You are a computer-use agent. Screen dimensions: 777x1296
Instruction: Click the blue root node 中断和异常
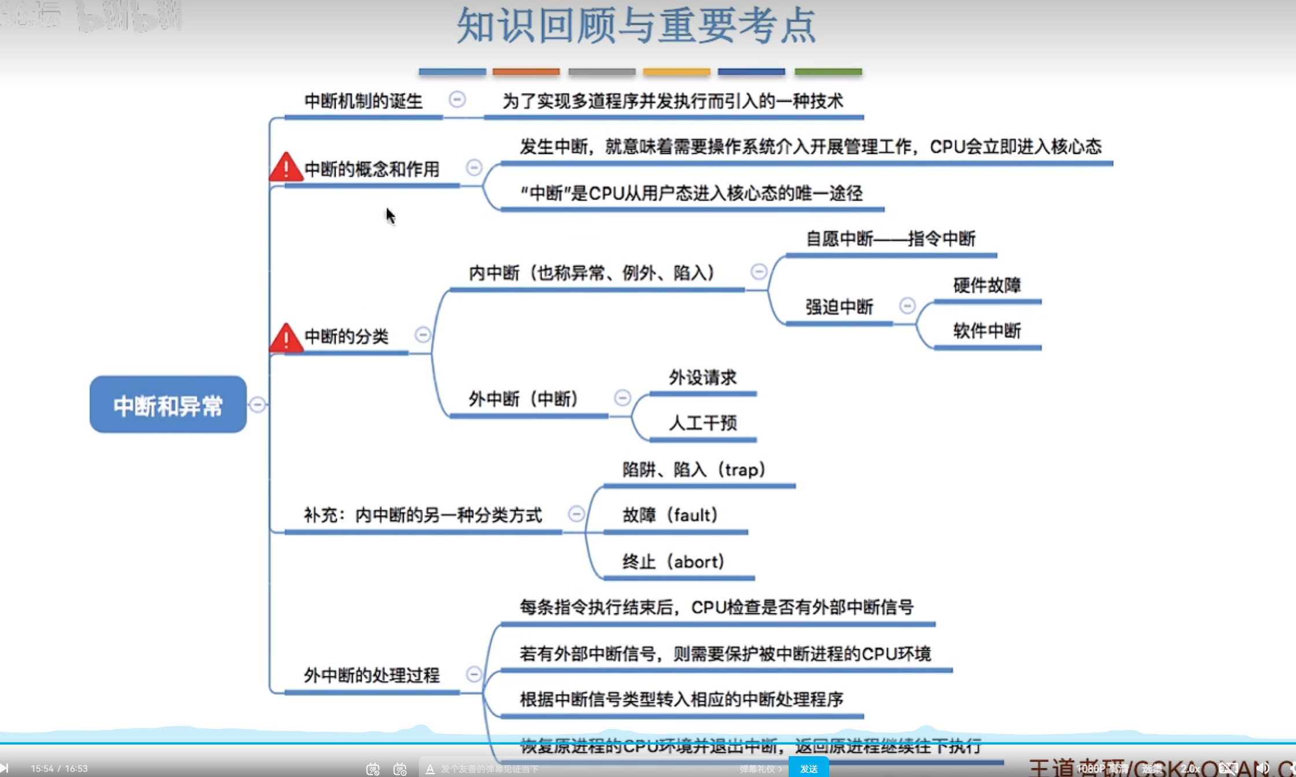(x=168, y=404)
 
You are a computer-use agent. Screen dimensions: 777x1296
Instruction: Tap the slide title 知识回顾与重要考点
(x=636, y=26)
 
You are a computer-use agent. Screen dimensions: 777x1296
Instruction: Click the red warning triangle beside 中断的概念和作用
(x=286, y=168)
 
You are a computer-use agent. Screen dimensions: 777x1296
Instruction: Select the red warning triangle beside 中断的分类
(x=286, y=338)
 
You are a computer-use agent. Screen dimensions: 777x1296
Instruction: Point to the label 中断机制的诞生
(x=363, y=101)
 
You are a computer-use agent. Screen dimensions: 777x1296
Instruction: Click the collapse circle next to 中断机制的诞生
(x=457, y=100)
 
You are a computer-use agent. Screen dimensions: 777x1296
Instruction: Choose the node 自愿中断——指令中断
(x=890, y=238)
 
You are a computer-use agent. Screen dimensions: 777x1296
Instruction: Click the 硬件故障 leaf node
(x=987, y=285)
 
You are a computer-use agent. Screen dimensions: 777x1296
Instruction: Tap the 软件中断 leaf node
(x=987, y=331)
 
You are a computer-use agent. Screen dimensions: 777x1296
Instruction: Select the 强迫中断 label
(x=839, y=307)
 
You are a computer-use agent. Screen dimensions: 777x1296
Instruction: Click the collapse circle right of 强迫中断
(x=907, y=305)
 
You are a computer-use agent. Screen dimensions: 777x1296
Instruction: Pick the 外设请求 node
(x=702, y=378)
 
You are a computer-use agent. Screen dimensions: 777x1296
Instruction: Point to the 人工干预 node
(x=702, y=423)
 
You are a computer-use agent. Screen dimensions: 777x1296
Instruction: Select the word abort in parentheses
(x=698, y=561)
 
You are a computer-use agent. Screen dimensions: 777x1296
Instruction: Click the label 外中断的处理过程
(x=371, y=675)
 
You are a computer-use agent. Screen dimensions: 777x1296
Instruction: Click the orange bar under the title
(x=526, y=72)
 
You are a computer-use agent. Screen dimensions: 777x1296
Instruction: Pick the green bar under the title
(x=828, y=72)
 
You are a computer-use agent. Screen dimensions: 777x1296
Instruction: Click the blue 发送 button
(x=808, y=768)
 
